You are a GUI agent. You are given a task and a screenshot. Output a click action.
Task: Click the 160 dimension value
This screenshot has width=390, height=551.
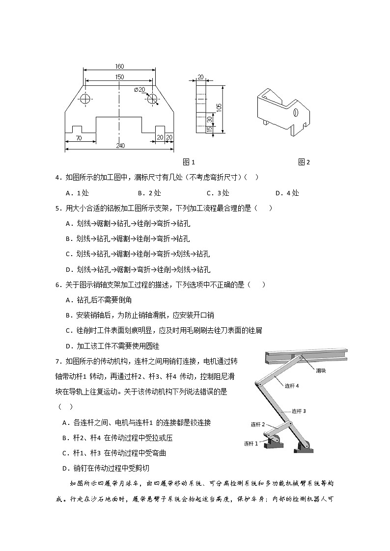coord(120,67)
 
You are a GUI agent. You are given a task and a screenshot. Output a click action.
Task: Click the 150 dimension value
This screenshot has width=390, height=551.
coord(120,77)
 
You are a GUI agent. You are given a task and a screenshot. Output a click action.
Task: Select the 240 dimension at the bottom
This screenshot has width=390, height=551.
coord(120,146)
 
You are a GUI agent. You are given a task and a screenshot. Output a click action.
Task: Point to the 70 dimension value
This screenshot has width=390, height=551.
coord(79,138)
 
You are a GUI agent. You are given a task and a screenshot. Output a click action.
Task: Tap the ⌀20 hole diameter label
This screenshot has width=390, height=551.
coord(139,89)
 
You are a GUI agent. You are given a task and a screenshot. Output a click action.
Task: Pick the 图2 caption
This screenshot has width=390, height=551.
coord(304,162)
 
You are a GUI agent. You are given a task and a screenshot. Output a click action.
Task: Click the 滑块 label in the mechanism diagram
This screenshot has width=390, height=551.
coord(323,371)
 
